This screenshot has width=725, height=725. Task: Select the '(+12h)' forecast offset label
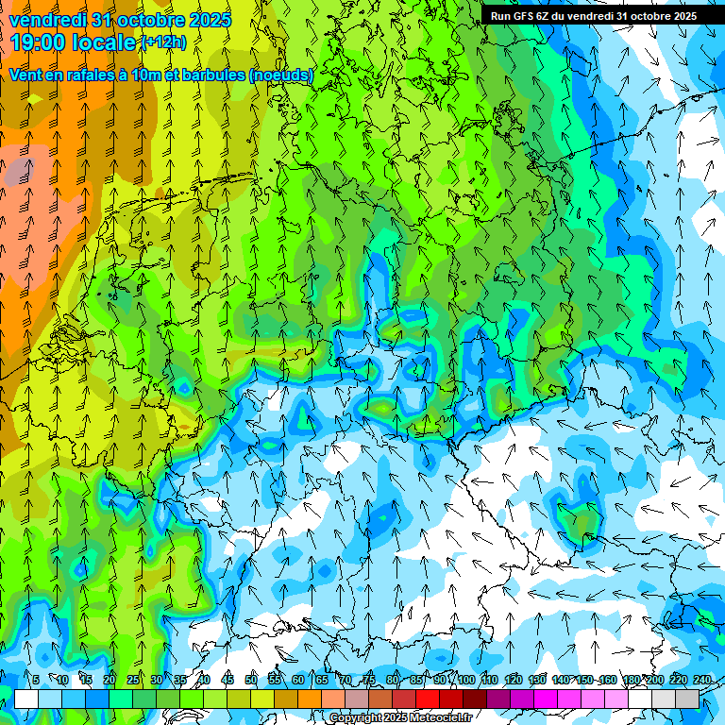(x=163, y=42)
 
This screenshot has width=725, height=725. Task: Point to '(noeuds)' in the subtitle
(x=280, y=75)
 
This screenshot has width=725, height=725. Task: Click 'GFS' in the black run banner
(x=522, y=16)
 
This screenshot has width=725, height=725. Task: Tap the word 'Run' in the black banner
(x=499, y=16)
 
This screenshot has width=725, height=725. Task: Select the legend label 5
(x=36, y=680)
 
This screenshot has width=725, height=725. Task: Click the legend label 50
(x=251, y=680)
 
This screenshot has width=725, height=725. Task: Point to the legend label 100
(x=465, y=680)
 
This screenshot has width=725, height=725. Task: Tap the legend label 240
(x=702, y=680)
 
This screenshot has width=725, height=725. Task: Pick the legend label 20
(x=110, y=680)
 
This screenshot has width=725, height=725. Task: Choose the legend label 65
(x=322, y=680)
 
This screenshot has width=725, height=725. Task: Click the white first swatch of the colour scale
(x=26, y=699)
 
